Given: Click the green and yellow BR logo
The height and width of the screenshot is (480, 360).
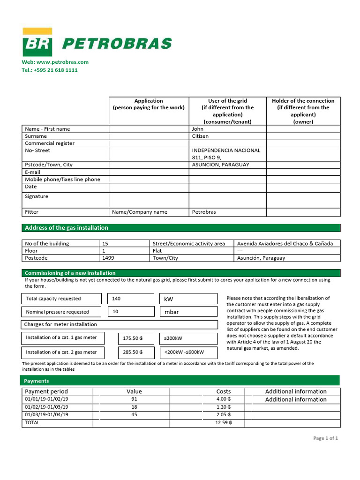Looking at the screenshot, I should click(x=37, y=43).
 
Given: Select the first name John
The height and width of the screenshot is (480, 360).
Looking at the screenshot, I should click(x=198, y=129).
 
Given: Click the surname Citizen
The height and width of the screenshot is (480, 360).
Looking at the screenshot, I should click(x=200, y=136).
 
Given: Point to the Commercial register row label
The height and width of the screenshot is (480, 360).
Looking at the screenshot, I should click(x=50, y=143).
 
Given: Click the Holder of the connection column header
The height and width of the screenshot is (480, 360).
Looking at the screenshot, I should click(x=303, y=111).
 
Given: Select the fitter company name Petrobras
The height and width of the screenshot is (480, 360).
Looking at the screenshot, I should click(x=204, y=212).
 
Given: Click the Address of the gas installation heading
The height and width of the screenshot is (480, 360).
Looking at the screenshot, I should click(x=67, y=228).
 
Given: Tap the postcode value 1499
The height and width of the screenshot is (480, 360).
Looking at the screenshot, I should click(x=108, y=258).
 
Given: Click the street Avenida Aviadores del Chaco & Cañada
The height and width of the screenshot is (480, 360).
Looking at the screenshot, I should click(x=285, y=243).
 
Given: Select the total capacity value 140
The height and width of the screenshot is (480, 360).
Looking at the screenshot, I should click(x=116, y=299).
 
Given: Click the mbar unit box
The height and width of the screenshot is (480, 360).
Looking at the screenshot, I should click(x=172, y=312).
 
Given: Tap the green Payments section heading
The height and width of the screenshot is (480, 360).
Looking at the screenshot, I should click(x=37, y=381).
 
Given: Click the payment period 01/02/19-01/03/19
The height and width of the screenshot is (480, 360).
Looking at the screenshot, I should click(x=46, y=407).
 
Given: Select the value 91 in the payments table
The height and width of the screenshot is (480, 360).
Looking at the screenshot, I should click(x=135, y=399).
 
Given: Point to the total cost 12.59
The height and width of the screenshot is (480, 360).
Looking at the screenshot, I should click(x=224, y=423).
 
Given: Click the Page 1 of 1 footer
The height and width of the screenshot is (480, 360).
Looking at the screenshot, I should click(x=325, y=438).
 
